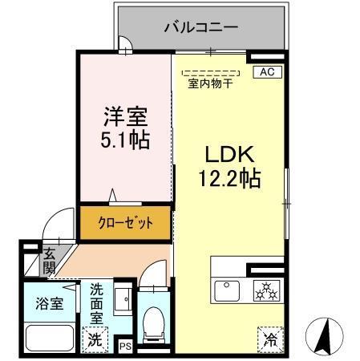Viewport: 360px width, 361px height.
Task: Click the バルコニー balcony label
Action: tap(201, 26)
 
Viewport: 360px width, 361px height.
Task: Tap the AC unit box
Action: tap(266, 72)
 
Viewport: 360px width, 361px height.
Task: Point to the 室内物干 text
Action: tap(209, 83)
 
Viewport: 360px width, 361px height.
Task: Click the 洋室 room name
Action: tap(123, 116)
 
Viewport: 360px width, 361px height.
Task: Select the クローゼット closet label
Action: tap(125, 223)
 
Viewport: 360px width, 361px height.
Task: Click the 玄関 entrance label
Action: tap(50, 260)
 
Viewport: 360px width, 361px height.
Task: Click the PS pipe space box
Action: tap(125, 346)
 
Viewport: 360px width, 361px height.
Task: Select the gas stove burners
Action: tap(266, 290)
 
